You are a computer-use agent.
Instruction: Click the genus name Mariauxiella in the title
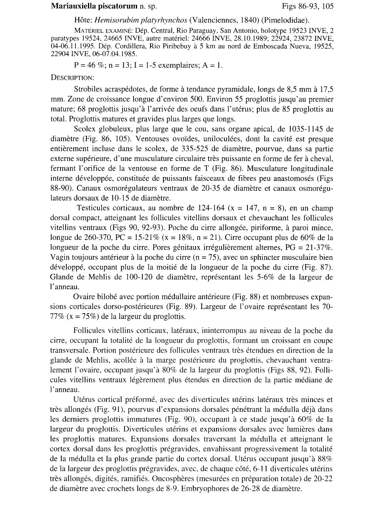[x=71, y=7]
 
